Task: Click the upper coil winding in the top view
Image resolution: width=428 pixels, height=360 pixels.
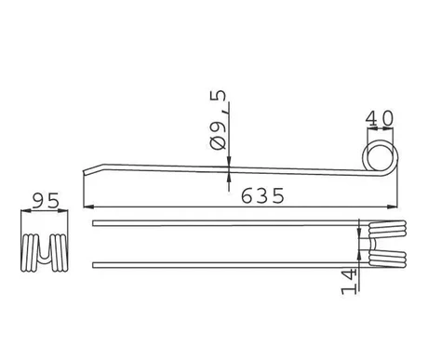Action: pos(385,230)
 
